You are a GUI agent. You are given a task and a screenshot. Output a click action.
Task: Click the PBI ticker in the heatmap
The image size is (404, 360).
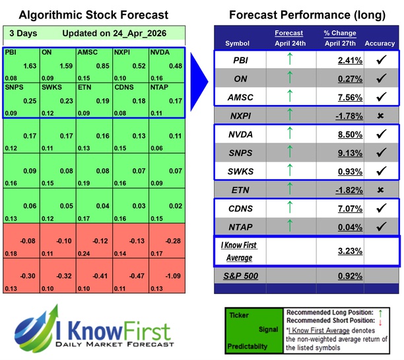pyautogui.click(x=11, y=51)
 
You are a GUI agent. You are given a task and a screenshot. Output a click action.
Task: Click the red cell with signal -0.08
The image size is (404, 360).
pyautogui.click(x=23, y=240)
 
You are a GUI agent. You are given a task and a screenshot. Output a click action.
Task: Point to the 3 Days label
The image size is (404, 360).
pyautogui.click(x=21, y=33)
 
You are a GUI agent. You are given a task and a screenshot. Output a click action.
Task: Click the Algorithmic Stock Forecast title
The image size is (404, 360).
pyautogui.click(x=93, y=14)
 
